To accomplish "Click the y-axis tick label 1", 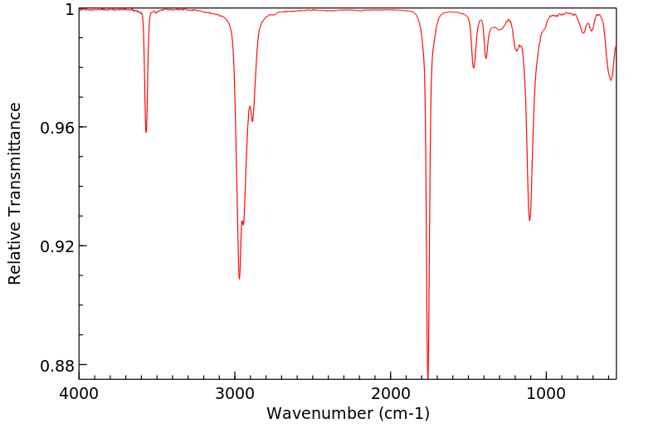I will (x=70, y=9).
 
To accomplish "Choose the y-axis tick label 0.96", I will (x=58, y=128).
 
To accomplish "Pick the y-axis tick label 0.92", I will (x=58, y=246).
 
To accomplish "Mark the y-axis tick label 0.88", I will (x=58, y=365).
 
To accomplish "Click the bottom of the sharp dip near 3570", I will (x=146, y=132).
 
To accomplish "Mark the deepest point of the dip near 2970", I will (x=239, y=279).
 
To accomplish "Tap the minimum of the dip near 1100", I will (x=529, y=220).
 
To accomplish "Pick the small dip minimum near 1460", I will (x=474, y=67).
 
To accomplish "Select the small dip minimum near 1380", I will (x=486, y=58).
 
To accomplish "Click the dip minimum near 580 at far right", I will (x=611, y=80).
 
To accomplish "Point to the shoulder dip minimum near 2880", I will (x=252, y=121).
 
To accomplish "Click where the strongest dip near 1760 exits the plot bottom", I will (x=427, y=377).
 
